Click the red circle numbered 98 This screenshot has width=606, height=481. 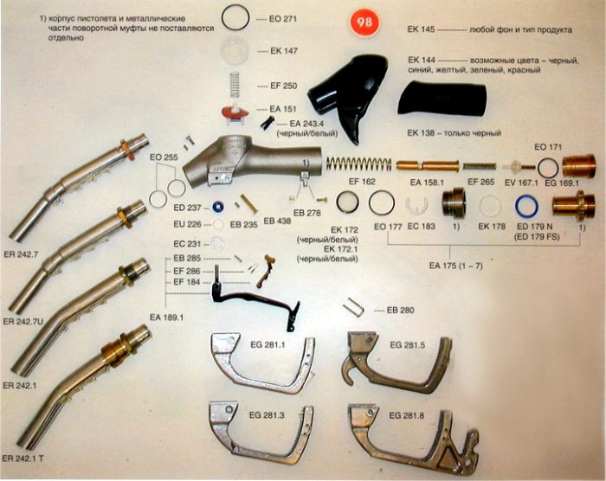tap(364, 22)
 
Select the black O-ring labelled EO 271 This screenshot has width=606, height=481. tap(235, 6)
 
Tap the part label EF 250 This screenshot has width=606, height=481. tap(284, 86)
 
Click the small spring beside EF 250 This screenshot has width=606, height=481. tap(235, 85)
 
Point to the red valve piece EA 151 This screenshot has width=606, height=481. tap(234, 114)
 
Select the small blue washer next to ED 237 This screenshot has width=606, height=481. tap(219, 208)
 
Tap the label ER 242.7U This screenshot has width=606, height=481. tap(23, 322)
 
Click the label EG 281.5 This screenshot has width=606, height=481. tap(408, 344)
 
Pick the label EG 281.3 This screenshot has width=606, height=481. tap(267, 415)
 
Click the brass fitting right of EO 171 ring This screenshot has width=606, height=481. tap(577, 166)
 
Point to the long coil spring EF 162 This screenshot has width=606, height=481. tap(359, 164)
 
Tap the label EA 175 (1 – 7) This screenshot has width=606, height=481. tap(455, 266)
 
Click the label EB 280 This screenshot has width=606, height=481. tap(400, 311)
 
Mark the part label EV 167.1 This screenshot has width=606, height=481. tap(520, 182)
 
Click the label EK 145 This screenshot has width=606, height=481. tap(421, 29)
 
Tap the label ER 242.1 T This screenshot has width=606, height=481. tap(23, 459)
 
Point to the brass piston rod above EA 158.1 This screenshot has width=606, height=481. tap(428, 166)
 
